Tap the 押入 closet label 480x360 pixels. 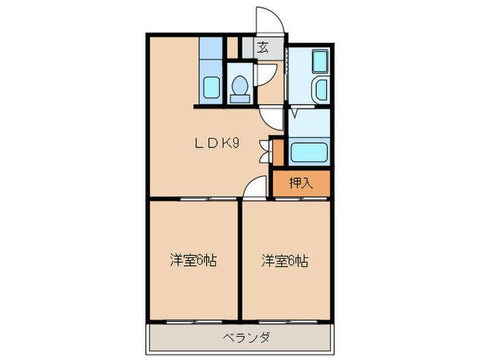300,183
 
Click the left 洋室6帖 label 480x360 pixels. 194,261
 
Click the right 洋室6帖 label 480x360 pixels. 285,261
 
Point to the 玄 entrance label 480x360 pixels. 264,47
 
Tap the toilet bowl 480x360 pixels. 239,87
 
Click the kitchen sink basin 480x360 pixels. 211,88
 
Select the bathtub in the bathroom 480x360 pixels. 320,64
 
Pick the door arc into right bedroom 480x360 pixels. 255,187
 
